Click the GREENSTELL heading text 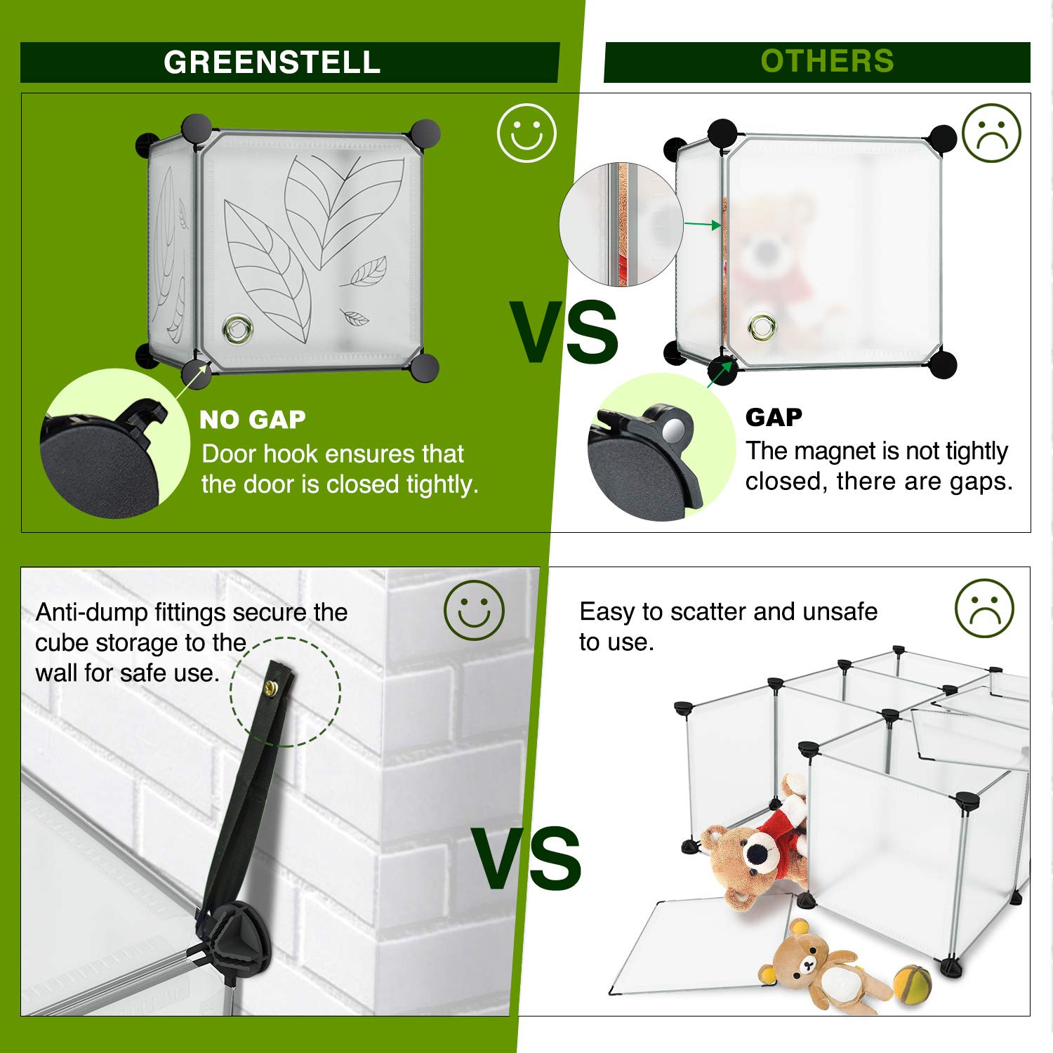(x=272, y=62)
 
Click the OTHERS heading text (x=827, y=61)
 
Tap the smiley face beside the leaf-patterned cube (x=526, y=133)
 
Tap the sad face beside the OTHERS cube (x=991, y=133)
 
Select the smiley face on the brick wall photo (x=474, y=610)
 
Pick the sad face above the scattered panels (x=984, y=608)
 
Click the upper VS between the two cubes (x=564, y=332)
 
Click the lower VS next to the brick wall (x=526, y=858)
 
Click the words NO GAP (x=253, y=419)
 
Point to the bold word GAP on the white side (x=774, y=417)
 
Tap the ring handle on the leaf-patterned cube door (x=237, y=328)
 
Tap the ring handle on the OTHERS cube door (x=762, y=326)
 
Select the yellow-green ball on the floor (x=913, y=981)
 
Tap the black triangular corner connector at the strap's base (x=237, y=937)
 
